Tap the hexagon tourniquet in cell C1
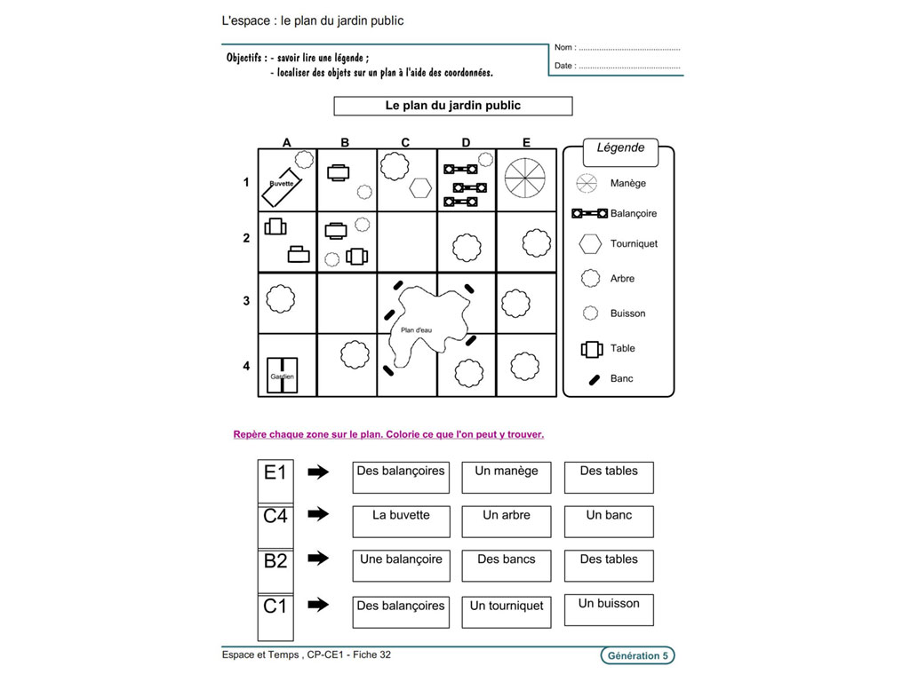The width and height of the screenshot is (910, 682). (x=420, y=188)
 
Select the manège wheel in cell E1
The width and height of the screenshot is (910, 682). (x=526, y=178)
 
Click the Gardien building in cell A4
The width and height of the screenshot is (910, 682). (x=283, y=375)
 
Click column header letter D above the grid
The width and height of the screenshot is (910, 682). (x=467, y=142)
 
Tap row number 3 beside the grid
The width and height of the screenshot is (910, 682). (x=246, y=302)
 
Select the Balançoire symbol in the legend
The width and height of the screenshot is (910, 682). (x=590, y=214)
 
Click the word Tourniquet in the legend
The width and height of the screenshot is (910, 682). (x=634, y=243)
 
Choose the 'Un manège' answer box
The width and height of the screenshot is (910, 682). (x=507, y=478)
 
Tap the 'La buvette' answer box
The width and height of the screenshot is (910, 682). (x=401, y=522)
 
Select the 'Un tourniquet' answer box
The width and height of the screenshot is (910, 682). (x=507, y=612)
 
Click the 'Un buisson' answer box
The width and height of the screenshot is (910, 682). (x=609, y=610)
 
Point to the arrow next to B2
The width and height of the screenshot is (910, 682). (x=318, y=559)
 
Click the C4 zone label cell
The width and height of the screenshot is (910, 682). (x=275, y=516)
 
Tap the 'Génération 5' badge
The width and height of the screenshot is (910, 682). (x=637, y=656)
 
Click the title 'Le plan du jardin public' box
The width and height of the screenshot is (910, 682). (x=453, y=107)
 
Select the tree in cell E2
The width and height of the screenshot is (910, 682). (x=536, y=242)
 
